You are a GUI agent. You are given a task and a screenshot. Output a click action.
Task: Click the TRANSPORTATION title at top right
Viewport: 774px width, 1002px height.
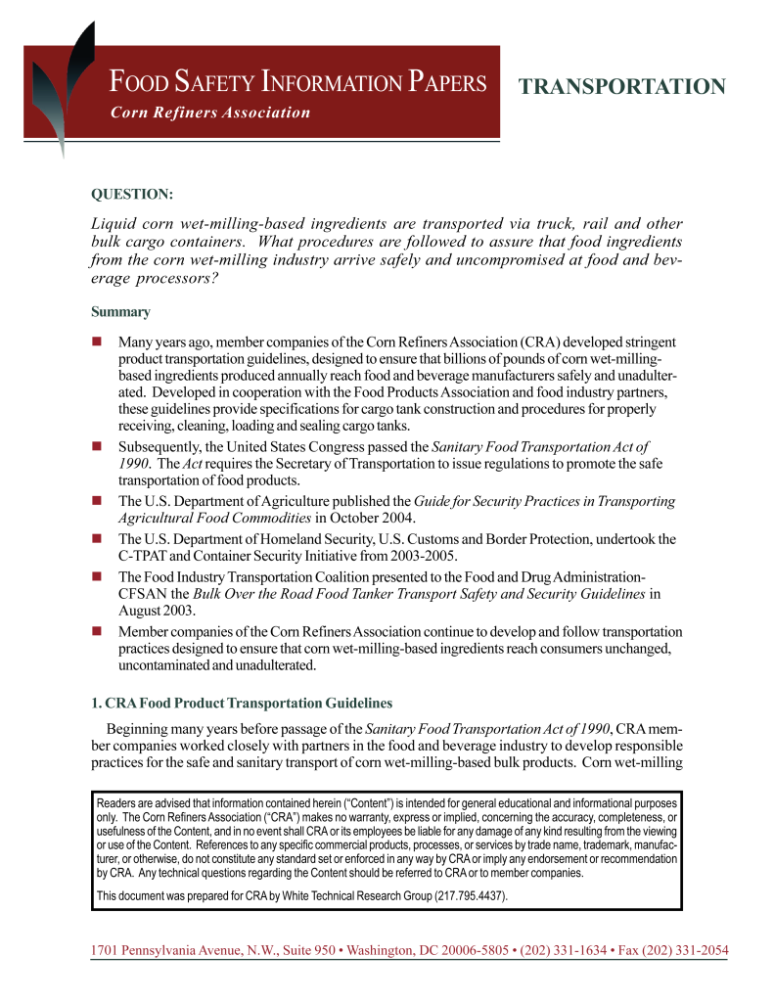tap(622, 87)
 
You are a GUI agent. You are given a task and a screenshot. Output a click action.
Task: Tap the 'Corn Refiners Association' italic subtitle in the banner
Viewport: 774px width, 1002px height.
tap(210, 113)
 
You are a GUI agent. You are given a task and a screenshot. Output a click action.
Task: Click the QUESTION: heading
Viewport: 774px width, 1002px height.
tap(132, 196)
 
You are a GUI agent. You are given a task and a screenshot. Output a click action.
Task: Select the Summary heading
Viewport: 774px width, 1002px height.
tap(120, 312)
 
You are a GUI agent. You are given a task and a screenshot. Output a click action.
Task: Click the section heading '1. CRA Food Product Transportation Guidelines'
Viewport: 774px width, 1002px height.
tap(242, 704)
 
